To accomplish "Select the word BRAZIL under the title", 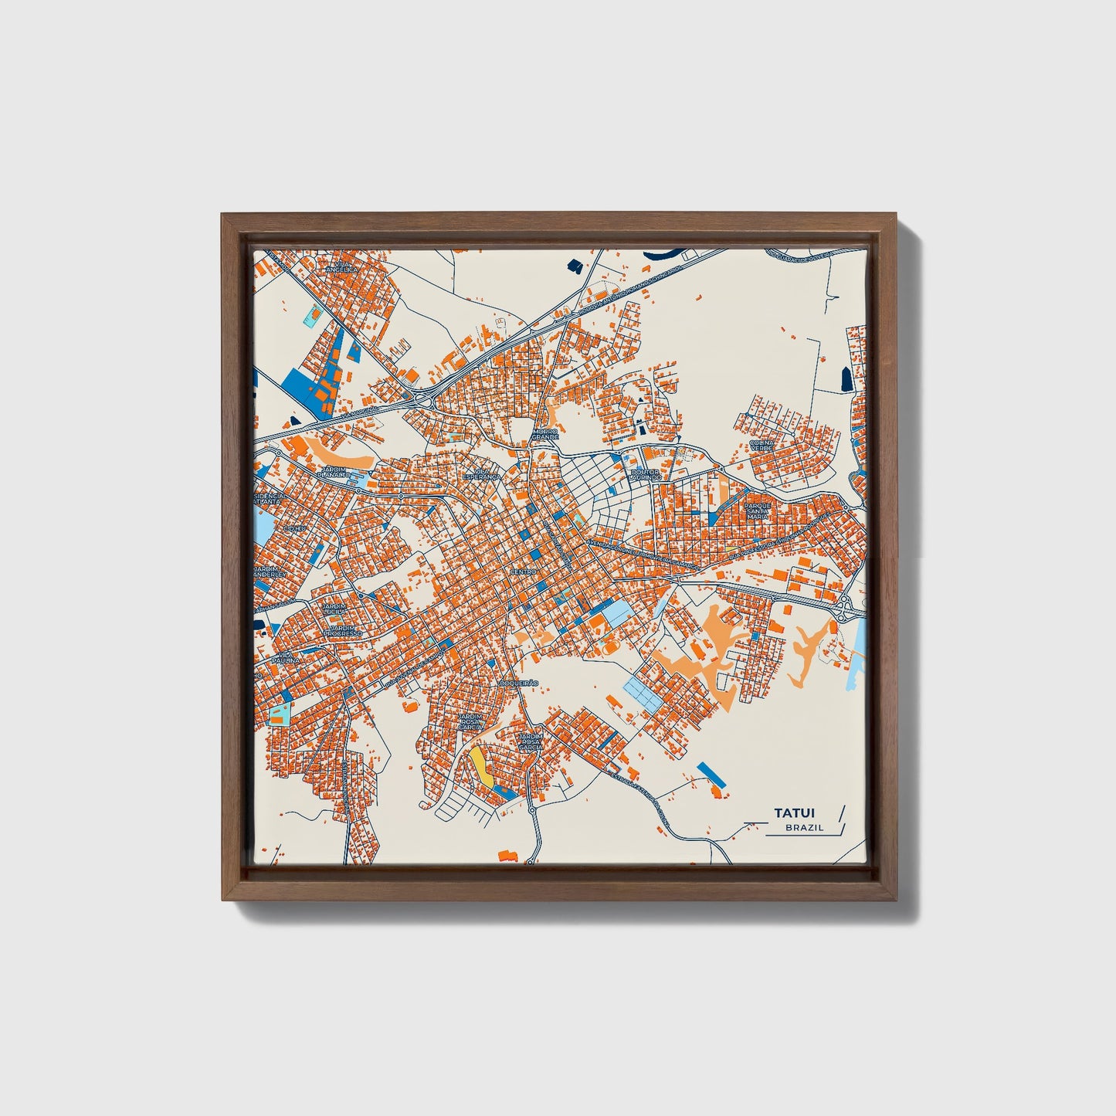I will coord(804,827).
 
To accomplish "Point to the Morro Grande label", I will coord(544,434).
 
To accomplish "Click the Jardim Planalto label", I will coord(336,472).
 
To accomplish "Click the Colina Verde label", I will coord(762,446).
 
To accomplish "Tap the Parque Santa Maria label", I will coord(758,511).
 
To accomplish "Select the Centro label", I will coord(523,572).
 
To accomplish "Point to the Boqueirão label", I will coord(518,684).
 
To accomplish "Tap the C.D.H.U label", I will coord(294,528).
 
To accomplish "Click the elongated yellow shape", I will coord(481,764).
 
